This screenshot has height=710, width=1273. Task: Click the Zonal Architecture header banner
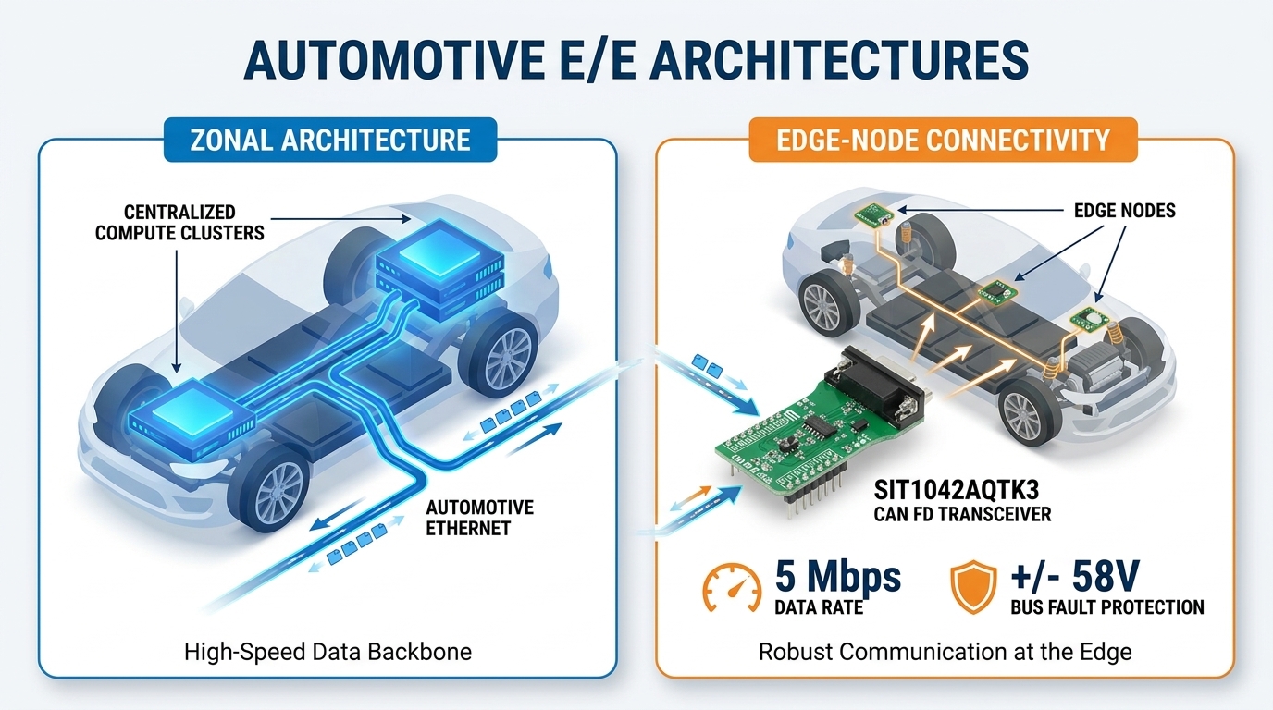pyautogui.click(x=330, y=140)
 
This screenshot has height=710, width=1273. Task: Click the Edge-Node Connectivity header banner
pyautogui.click(x=943, y=140)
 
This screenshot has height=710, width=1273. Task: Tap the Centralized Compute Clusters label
pyautogui.click(x=179, y=223)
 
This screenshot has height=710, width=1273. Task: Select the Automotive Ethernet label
pyautogui.click(x=479, y=518)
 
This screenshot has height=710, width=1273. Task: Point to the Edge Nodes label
pyautogui.click(x=1124, y=211)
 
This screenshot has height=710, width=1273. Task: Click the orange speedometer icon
pyautogui.click(x=732, y=588)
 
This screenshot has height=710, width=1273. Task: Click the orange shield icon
pyautogui.click(x=973, y=587)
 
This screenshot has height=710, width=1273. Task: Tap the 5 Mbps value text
pyautogui.click(x=837, y=577)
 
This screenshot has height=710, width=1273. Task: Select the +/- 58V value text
pyautogui.click(x=1075, y=576)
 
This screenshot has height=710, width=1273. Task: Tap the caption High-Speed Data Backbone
pyautogui.click(x=328, y=652)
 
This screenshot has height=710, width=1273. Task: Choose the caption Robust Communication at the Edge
pyautogui.click(x=945, y=652)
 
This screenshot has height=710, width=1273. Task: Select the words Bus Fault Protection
pyautogui.click(x=1107, y=607)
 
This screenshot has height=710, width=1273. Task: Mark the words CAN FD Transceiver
pyautogui.click(x=962, y=515)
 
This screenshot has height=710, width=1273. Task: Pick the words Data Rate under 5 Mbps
pyautogui.click(x=819, y=607)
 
